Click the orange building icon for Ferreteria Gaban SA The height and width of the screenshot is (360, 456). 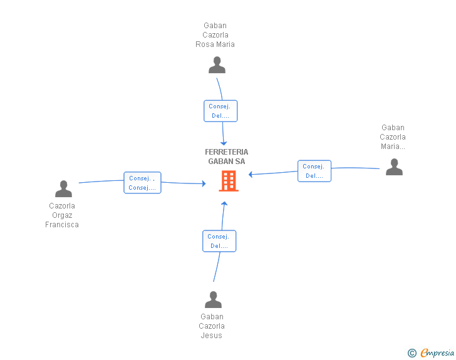pyautogui.click(x=229, y=181)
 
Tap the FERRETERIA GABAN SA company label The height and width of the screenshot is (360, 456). pyautogui.click(x=227, y=157)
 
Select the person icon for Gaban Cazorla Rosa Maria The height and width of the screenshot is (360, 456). pyautogui.click(x=217, y=65)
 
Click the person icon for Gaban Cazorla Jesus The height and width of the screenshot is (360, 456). pyautogui.click(x=213, y=299)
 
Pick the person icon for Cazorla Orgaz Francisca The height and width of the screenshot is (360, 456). pyautogui.click(x=63, y=188)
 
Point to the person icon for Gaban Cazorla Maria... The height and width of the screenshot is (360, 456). pyautogui.click(x=394, y=167)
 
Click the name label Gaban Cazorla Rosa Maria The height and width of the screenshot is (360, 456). pyautogui.click(x=215, y=35)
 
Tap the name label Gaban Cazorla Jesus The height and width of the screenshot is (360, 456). pyautogui.click(x=212, y=326)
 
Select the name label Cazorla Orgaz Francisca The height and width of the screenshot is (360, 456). pyautogui.click(x=62, y=215)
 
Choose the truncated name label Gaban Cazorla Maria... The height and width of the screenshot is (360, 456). pyautogui.click(x=393, y=137)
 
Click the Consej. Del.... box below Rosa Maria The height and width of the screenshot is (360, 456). pyautogui.click(x=220, y=111)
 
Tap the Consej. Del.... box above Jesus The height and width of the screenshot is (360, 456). pyautogui.click(x=219, y=241)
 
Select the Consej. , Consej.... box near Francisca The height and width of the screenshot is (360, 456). pyautogui.click(x=142, y=183)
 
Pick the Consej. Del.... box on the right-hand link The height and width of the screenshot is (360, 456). pyautogui.click(x=314, y=171)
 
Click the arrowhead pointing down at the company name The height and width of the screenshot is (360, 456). pyautogui.click(x=224, y=143)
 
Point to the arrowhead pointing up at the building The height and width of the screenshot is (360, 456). pyautogui.click(x=224, y=203)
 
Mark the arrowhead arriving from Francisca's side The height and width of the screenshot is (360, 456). pyautogui.click(x=204, y=183)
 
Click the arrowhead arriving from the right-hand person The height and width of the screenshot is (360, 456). pyautogui.click(x=251, y=175)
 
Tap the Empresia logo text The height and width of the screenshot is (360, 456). pyautogui.click(x=437, y=352)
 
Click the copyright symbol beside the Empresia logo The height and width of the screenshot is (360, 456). pyautogui.click(x=412, y=353)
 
